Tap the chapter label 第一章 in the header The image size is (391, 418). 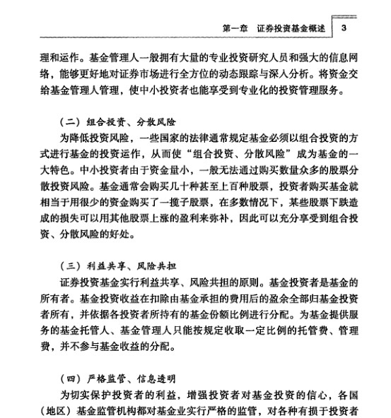click(x=236, y=28)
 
